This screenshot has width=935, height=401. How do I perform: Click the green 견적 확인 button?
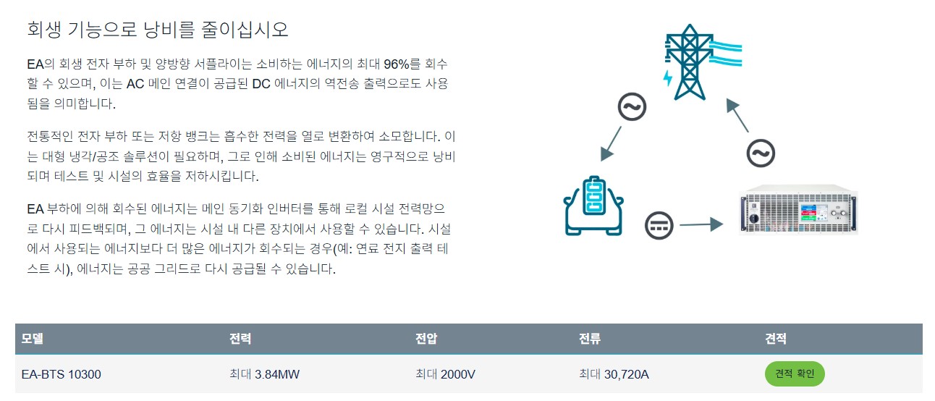click(x=795, y=374)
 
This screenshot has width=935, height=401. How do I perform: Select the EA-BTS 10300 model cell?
click(x=61, y=374)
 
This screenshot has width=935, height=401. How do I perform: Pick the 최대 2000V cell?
click(x=445, y=374)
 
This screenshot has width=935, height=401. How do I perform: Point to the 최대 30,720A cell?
click(x=614, y=374)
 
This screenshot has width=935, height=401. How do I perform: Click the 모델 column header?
click(x=33, y=339)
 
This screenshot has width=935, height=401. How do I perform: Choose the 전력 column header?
click(x=240, y=339)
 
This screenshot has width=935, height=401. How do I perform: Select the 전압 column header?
click(x=426, y=339)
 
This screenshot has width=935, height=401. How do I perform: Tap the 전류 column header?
click(x=590, y=339)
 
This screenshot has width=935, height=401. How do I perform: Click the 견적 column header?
click(x=776, y=339)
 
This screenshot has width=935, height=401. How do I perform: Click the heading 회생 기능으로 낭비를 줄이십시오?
click(x=157, y=30)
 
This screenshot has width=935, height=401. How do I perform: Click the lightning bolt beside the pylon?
click(x=667, y=77)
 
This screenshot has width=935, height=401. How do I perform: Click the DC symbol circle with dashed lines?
click(x=659, y=225)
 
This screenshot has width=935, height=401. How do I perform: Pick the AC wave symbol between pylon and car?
click(x=631, y=108)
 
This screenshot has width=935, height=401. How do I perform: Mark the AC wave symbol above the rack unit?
click(x=761, y=153)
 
